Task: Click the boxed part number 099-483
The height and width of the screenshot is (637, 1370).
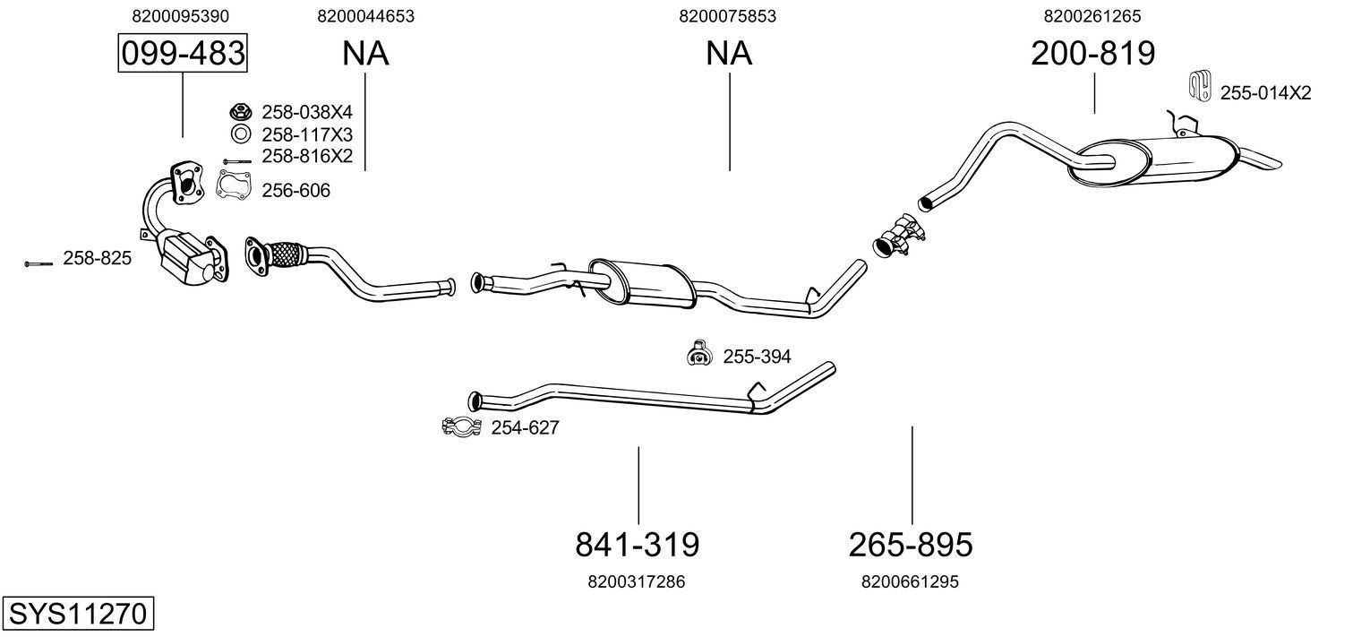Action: pyautogui.click(x=183, y=54)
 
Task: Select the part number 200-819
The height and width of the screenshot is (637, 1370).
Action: pyautogui.click(x=1092, y=54)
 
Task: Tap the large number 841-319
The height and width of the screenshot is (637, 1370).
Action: pyautogui.click(x=637, y=544)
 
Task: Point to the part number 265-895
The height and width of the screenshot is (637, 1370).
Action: pyautogui.click(x=910, y=544)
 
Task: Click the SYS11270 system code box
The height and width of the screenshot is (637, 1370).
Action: pyautogui.click(x=77, y=615)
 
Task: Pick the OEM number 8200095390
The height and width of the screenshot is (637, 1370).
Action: pyautogui.click(x=180, y=16)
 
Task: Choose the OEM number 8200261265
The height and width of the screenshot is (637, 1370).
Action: pyautogui.click(x=1092, y=16)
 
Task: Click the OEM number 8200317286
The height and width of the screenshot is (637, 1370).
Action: pyautogui.click(x=637, y=581)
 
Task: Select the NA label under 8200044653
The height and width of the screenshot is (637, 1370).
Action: pyautogui.click(x=365, y=54)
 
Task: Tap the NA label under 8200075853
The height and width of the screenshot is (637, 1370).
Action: pyautogui.click(x=729, y=54)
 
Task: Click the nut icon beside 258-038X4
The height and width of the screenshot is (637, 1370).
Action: pyautogui.click(x=240, y=112)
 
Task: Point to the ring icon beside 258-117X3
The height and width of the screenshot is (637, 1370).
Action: pyautogui.click(x=240, y=134)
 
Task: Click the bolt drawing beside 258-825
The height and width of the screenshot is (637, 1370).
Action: pyautogui.click(x=39, y=263)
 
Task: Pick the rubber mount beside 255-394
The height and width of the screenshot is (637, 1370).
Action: pyautogui.click(x=698, y=355)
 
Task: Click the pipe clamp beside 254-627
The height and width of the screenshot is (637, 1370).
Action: pyautogui.click(x=462, y=427)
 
